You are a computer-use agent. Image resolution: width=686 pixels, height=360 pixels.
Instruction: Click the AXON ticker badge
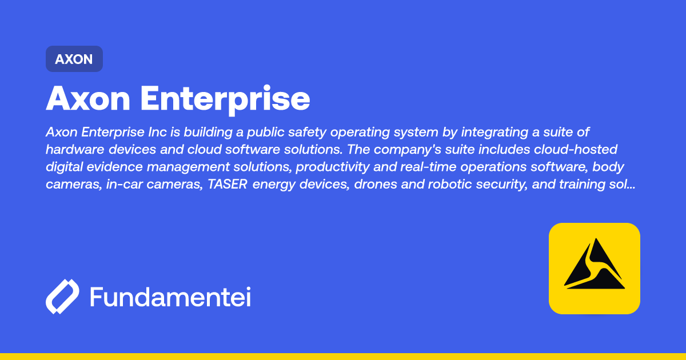coord(74,59)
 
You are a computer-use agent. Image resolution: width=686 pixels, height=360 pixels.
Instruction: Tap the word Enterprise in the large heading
coord(225,99)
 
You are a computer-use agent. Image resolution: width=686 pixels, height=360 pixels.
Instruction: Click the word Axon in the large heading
coord(89,99)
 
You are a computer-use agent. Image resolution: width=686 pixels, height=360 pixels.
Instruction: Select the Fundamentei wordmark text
coord(170,297)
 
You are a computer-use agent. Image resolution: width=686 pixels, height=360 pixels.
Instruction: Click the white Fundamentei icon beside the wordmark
coord(62,297)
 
